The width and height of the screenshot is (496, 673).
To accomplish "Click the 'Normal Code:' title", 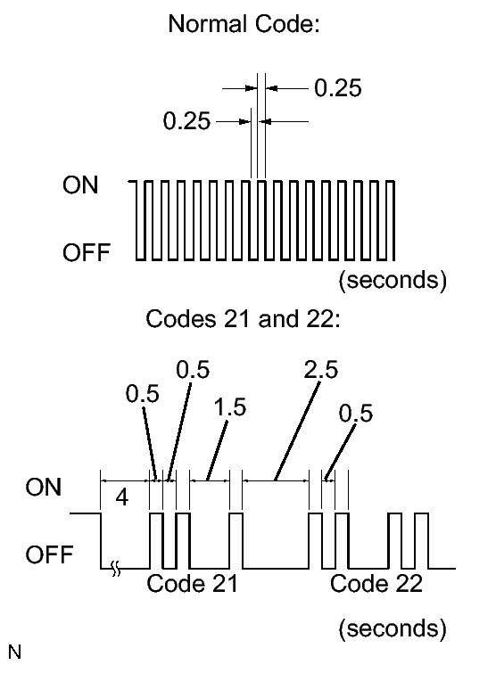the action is click(x=244, y=23).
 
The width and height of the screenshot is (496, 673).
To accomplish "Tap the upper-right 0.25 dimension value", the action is click(x=338, y=88).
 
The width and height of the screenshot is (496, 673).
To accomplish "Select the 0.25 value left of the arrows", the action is click(x=186, y=120).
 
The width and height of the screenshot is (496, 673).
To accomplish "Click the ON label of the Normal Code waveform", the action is click(x=80, y=185).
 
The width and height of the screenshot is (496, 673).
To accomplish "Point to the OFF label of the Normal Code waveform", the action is click(x=87, y=252).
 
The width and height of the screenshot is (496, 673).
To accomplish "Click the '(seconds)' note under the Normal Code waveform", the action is click(x=393, y=280).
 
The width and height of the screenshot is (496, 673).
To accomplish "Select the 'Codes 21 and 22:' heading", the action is click(x=243, y=319).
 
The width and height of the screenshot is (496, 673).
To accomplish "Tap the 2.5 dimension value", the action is click(x=321, y=370).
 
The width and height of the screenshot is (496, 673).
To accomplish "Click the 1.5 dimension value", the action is click(x=230, y=406).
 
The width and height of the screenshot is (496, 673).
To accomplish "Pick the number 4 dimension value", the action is click(x=122, y=497).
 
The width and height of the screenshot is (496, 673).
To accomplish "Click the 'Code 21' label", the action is click(x=192, y=584).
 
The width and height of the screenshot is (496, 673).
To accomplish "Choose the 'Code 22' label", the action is click(x=376, y=584).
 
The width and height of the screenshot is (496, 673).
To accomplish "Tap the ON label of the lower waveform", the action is click(x=44, y=488).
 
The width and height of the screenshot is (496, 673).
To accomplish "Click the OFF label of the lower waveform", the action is click(x=49, y=554).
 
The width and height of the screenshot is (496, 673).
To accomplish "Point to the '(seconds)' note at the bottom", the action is click(x=393, y=628).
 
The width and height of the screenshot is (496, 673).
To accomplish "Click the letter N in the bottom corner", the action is click(x=14, y=652).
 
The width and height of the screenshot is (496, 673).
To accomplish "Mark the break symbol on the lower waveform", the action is click(x=116, y=569).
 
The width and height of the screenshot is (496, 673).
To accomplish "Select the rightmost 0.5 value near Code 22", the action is click(x=356, y=414).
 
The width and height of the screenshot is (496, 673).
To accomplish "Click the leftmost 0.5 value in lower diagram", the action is click(x=142, y=394).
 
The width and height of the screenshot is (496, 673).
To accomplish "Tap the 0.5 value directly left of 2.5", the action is click(x=193, y=370).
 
